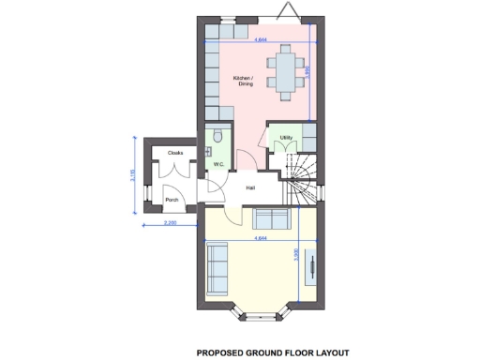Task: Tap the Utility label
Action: pos(287,138)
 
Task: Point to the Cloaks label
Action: pos(175,152)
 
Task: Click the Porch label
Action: pos(172,200)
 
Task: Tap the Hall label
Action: pos(251,189)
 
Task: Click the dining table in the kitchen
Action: pos(284,71)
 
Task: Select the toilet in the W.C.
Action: pos(217,137)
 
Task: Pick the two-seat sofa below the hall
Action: pos(272,219)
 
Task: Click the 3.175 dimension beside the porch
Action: pos(133,176)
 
